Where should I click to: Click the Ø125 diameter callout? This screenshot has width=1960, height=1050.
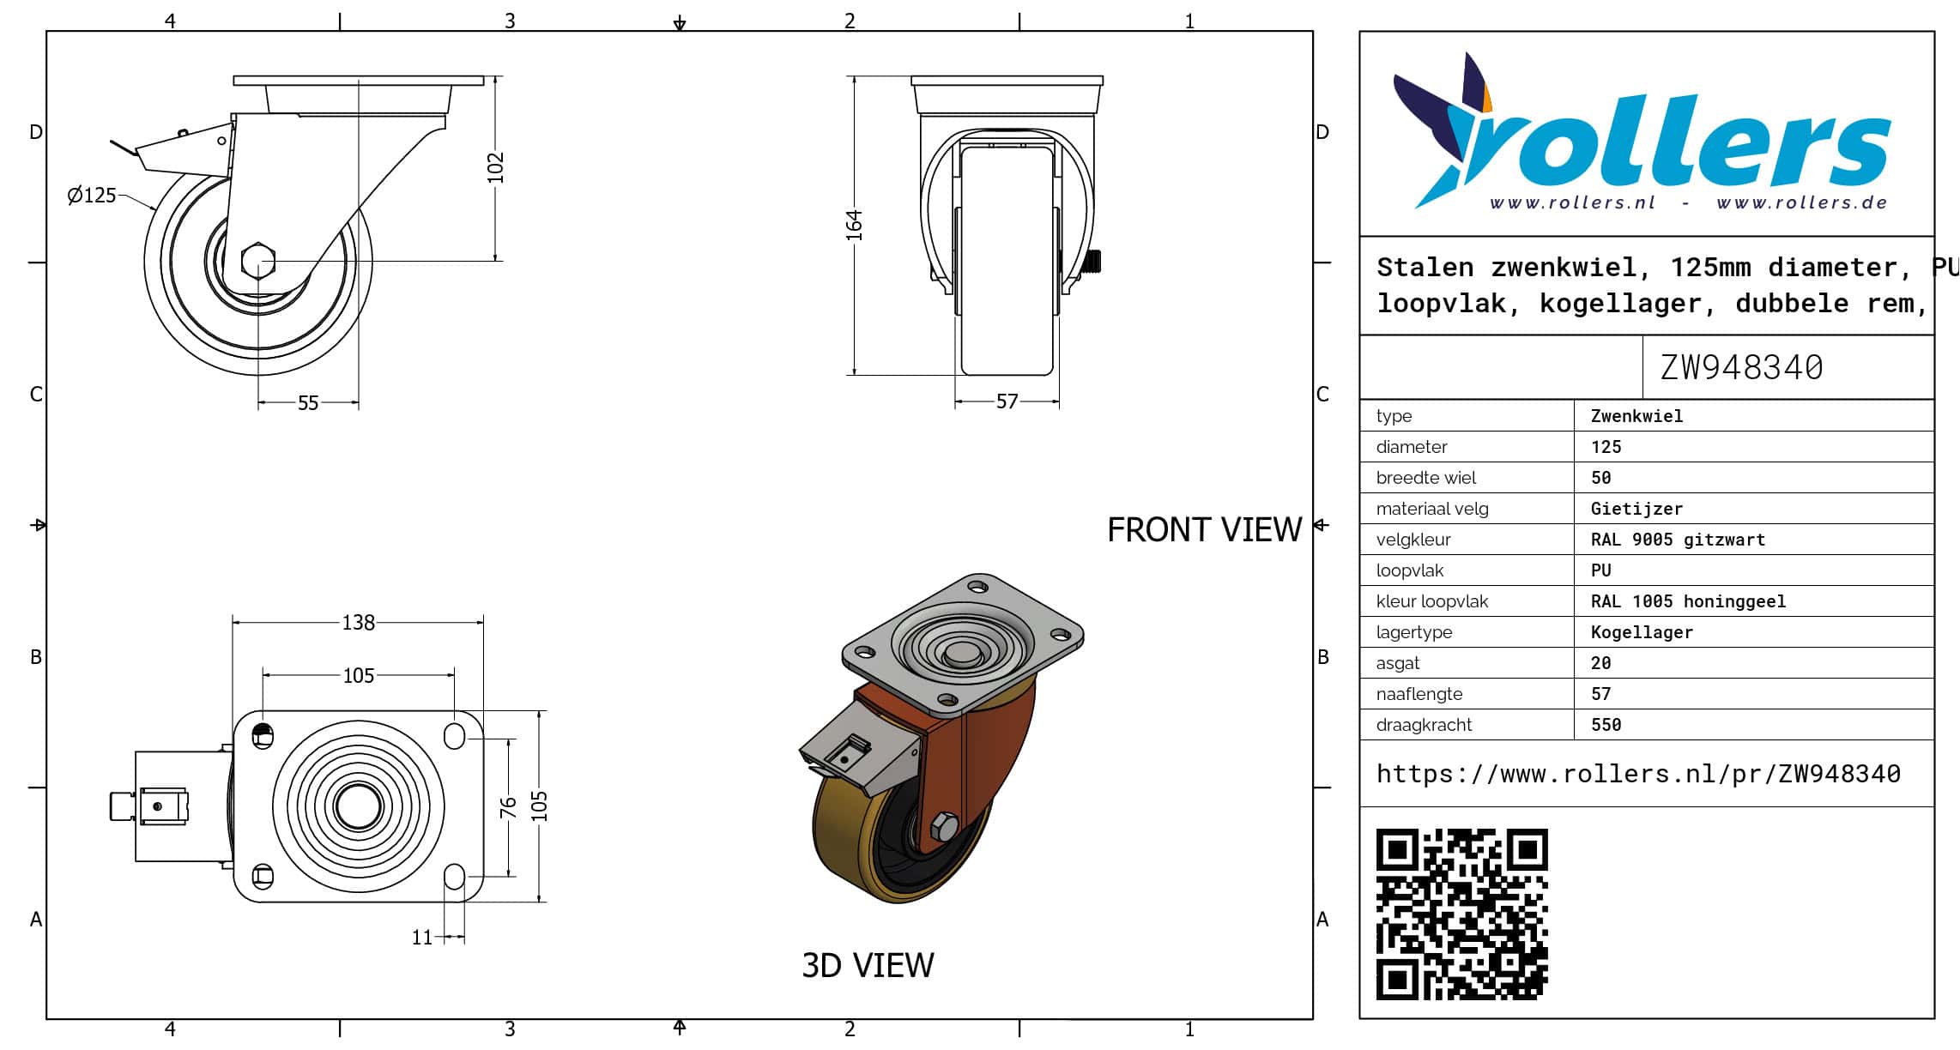click(91, 196)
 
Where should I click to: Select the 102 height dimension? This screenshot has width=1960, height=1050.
click(495, 167)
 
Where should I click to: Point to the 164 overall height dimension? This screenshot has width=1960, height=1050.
click(854, 225)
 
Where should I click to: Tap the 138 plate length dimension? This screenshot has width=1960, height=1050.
click(358, 622)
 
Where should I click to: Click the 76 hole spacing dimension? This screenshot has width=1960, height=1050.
click(508, 806)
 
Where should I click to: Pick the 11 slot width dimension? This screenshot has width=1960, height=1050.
click(421, 938)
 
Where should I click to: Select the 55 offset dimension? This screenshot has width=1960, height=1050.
click(308, 403)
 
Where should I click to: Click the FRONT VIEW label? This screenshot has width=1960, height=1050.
click(1204, 529)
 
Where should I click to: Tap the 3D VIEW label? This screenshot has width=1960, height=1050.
click(868, 965)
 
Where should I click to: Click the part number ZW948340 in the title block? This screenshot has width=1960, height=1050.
click(1741, 367)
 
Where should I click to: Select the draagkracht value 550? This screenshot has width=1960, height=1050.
click(1606, 725)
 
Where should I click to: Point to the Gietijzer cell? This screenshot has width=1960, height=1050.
click(1636, 509)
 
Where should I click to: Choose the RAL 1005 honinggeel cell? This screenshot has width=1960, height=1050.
click(1688, 601)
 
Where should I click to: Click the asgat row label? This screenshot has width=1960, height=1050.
click(1397, 663)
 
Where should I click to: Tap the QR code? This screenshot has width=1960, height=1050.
click(1461, 914)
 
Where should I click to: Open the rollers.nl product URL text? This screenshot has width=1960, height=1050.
click(1638, 774)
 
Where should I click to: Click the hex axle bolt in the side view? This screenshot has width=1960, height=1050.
click(258, 261)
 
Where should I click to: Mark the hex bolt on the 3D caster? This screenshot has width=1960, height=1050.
click(944, 826)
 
